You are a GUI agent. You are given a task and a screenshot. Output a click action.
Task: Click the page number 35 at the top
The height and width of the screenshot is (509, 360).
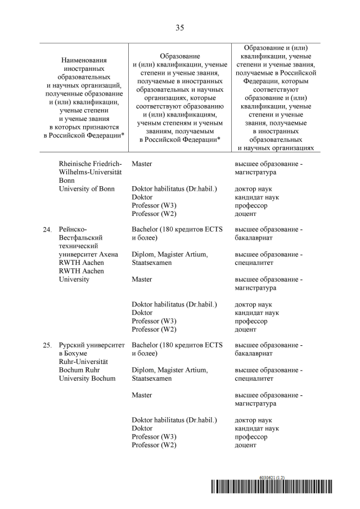180,28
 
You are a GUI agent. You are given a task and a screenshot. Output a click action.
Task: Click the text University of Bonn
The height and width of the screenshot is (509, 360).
87,188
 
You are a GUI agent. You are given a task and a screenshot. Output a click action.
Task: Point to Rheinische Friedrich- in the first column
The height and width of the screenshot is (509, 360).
86,164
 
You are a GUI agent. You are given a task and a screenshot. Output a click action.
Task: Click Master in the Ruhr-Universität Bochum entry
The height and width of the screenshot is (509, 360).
142,395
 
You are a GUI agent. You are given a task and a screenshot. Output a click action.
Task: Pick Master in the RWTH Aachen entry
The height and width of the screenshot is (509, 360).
142,279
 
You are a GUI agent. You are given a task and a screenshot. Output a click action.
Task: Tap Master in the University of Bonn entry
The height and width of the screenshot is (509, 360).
142,164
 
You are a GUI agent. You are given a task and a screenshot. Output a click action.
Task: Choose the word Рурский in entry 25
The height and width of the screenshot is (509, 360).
73,345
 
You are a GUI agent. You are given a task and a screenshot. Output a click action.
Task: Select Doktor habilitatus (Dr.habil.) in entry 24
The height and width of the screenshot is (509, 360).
174,304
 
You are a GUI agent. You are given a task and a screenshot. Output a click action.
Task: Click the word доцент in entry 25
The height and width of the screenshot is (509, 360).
245,445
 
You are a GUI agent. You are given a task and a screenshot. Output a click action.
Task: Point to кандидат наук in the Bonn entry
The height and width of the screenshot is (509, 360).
256,197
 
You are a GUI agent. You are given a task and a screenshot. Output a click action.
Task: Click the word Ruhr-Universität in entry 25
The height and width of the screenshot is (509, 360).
83,362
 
